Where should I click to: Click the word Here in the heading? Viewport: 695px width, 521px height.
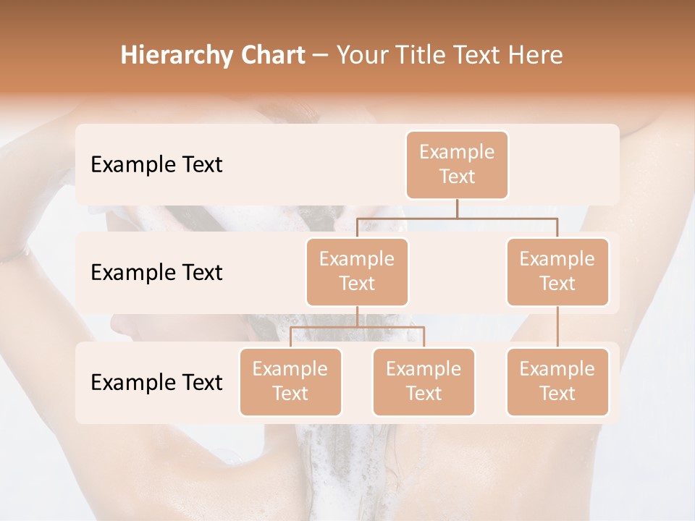coord(536,55)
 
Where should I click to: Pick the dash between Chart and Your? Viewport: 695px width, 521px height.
coord(321,56)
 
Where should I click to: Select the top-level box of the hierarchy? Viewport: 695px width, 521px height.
coord(457,164)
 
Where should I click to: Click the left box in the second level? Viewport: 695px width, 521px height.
coord(357,271)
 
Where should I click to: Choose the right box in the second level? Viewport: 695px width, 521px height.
coord(557,271)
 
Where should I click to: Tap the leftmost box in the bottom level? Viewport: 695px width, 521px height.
coord(290,381)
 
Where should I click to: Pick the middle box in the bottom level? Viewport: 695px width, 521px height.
coord(424,381)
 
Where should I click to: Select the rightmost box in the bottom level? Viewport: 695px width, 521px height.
coord(557,381)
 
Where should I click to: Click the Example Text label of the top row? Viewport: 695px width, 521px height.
coord(156,164)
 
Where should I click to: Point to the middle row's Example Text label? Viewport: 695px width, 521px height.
coord(156,272)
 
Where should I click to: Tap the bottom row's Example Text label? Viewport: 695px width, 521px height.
coord(156,382)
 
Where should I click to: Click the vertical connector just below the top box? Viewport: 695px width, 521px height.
coord(457,208)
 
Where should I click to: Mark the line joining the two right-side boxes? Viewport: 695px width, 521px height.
coord(557,327)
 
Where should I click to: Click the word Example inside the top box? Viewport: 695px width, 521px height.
coord(457,152)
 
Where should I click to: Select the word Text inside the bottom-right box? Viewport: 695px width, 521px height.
coord(557,394)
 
